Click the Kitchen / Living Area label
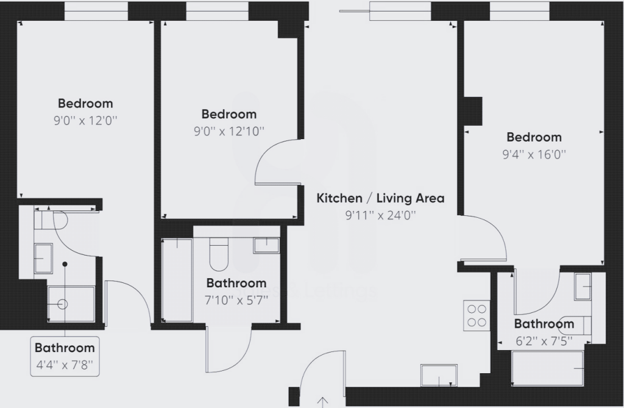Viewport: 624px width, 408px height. click(x=380, y=198)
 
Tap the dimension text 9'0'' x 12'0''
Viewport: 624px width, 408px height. click(x=85, y=120)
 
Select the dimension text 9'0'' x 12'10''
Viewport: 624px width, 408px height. click(x=229, y=131)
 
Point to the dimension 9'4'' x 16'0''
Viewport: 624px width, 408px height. click(x=534, y=154)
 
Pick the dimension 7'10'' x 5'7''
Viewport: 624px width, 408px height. click(x=236, y=299)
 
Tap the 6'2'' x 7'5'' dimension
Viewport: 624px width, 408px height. click(x=544, y=341)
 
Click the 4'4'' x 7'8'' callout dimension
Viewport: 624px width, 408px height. click(x=65, y=365)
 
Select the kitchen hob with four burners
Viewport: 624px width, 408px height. click(x=477, y=315)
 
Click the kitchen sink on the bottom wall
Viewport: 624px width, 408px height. click(x=439, y=375)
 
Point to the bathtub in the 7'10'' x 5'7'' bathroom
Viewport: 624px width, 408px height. click(x=177, y=279)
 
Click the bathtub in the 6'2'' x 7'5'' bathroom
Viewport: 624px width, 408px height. click(x=547, y=368)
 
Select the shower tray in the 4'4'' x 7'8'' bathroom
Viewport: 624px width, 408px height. click(x=71, y=304)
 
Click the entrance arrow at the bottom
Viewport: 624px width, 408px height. click(x=323, y=401)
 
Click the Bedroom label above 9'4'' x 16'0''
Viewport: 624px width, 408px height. click(x=534, y=137)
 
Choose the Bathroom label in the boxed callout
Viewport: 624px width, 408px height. click(x=65, y=348)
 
